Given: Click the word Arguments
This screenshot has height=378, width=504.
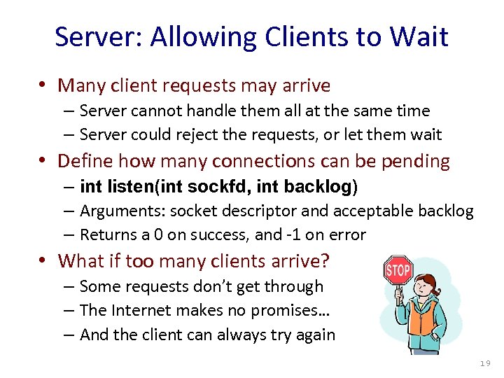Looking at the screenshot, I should coord(116,211).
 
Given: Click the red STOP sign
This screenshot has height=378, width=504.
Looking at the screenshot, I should coord(398,269).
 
